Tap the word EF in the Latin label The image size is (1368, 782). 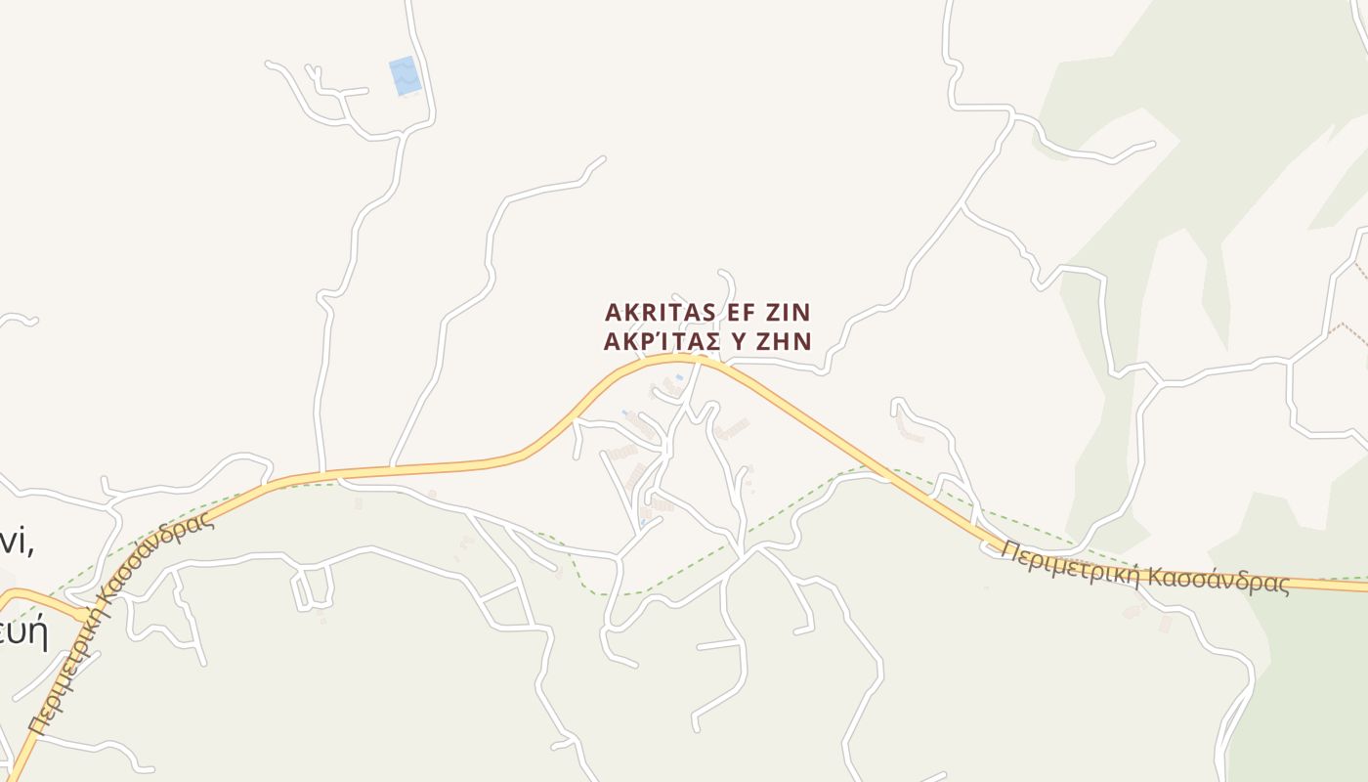730,312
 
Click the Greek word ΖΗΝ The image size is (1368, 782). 786,341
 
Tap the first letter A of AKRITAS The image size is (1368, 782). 614,312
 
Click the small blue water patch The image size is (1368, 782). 405,75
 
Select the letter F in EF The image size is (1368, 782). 739,312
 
